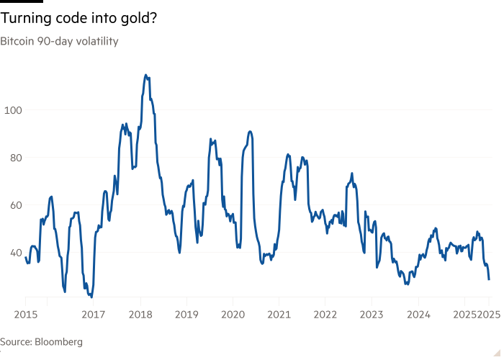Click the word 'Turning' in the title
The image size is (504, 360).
point(26,18)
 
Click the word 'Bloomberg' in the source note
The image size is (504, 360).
point(58,341)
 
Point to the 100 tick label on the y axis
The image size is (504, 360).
point(13,110)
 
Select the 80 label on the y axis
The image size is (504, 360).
point(16,158)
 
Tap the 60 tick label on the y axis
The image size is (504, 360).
point(16,205)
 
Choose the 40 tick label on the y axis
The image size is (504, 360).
point(16,253)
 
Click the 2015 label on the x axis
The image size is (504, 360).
point(26,315)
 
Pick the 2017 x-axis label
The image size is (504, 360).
point(93,315)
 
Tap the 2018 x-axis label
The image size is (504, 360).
point(140,315)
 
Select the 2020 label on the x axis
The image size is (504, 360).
point(233,315)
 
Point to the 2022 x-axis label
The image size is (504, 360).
point(325,315)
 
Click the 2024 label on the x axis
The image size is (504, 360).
point(418,315)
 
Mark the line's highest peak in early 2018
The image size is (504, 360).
point(145,75)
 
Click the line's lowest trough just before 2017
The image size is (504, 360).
point(92,297)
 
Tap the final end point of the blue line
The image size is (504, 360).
point(489,279)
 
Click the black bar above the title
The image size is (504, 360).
point(22,1)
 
